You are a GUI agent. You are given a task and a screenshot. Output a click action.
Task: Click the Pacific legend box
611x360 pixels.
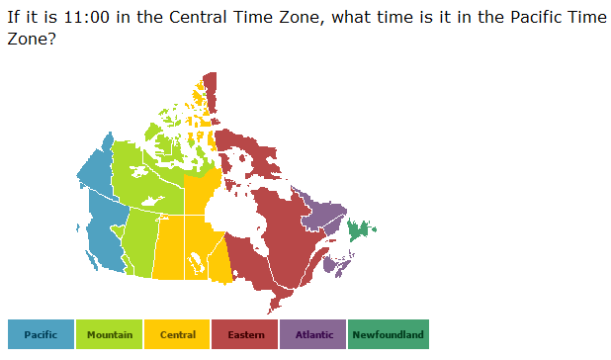tap(41, 334)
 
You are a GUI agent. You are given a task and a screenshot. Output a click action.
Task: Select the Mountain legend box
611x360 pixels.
tap(109, 334)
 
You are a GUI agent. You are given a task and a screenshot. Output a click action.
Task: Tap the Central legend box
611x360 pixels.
tap(177, 334)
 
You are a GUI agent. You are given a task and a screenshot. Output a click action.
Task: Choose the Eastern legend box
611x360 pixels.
tap(245, 334)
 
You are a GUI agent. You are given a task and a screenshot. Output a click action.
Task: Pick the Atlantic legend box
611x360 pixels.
tap(313, 334)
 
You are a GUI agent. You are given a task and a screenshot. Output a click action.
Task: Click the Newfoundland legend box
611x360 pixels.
tap(388, 334)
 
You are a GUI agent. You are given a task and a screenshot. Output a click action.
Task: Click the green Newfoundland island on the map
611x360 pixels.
tap(359, 231)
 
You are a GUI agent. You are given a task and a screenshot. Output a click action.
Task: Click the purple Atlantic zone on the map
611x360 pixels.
tap(323, 212)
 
